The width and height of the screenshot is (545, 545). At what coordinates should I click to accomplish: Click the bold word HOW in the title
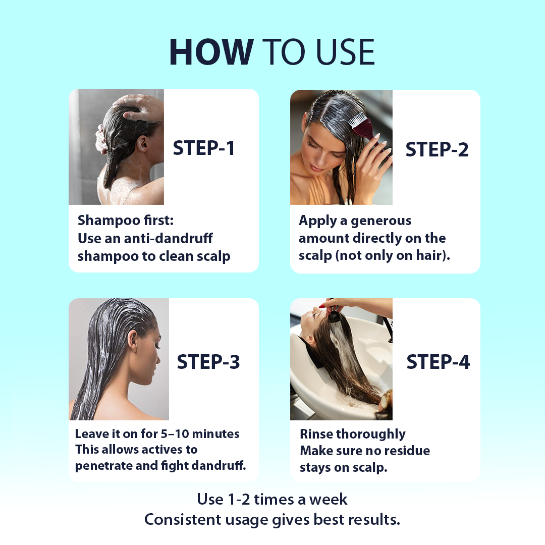click(x=211, y=51)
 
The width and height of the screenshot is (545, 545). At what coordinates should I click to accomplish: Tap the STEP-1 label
click(x=204, y=148)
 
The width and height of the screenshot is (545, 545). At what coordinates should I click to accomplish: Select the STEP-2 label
click(x=437, y=149)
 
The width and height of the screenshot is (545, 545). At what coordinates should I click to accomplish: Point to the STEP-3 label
click(x=208, y=362)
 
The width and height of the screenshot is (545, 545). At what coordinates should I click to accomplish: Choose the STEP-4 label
click(x=438, y=362)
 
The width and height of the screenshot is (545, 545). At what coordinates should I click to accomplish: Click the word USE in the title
click(x=345, y=51)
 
